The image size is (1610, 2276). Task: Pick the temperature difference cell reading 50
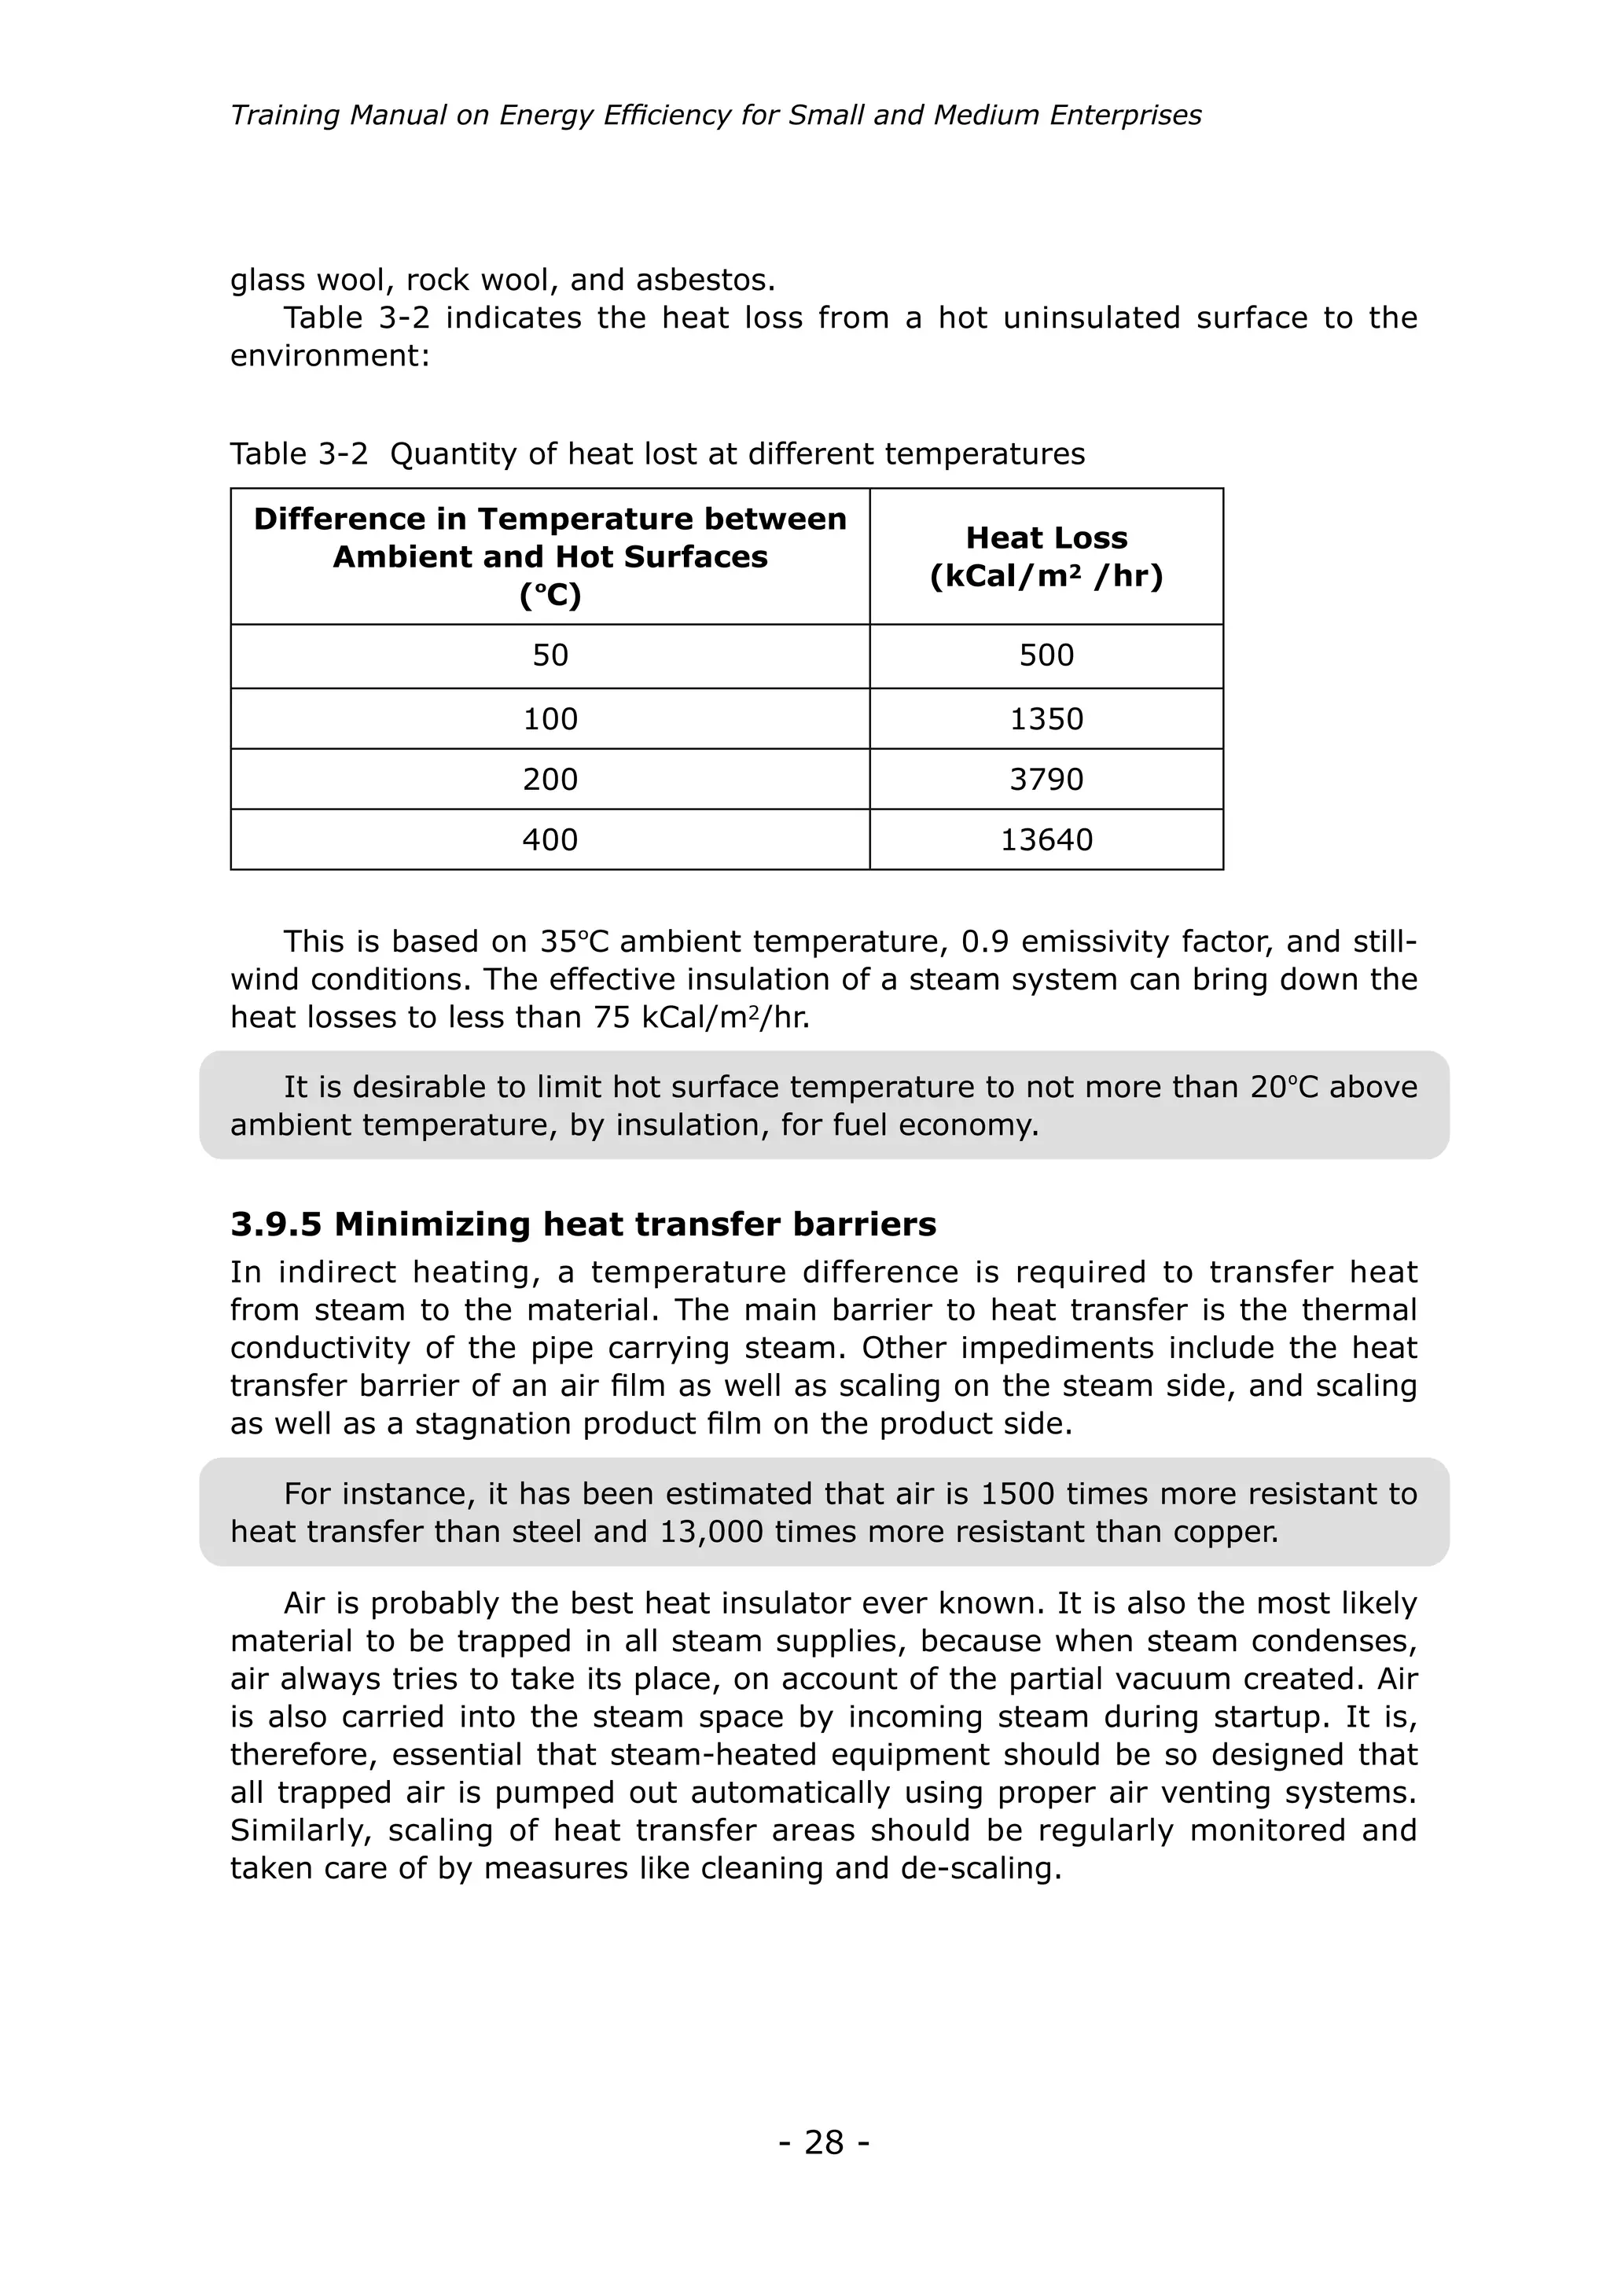(x=550, y=655)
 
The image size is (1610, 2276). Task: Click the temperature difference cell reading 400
(x=550, y=839)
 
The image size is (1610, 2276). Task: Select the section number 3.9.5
(x=276, y=1224)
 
